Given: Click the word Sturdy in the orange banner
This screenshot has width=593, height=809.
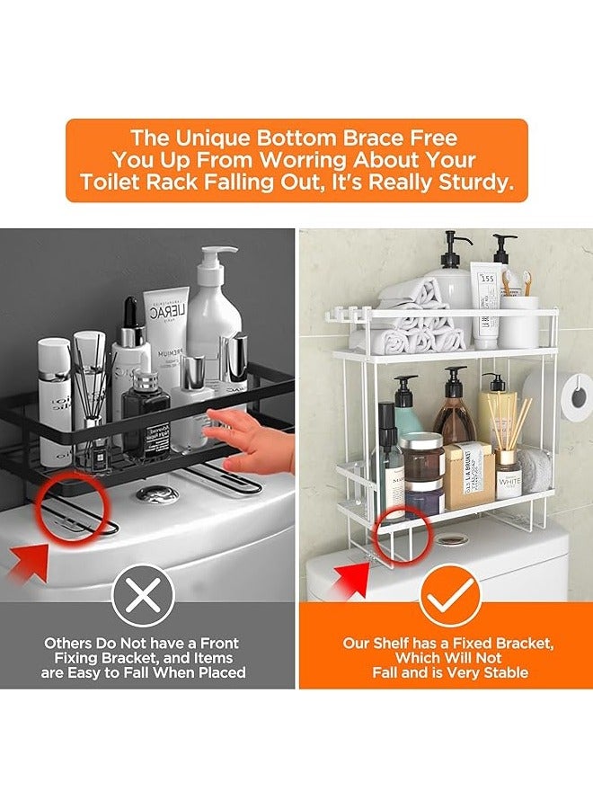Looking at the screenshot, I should (x=480, y=182).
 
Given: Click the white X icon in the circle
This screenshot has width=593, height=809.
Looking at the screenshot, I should (x=148, y=595).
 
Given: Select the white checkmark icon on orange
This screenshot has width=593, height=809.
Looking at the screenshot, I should (x=447, y=595).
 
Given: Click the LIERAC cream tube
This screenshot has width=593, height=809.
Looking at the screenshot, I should (x=168, y=324).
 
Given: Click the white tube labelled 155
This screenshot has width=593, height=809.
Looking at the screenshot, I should (x=486, y=306).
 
